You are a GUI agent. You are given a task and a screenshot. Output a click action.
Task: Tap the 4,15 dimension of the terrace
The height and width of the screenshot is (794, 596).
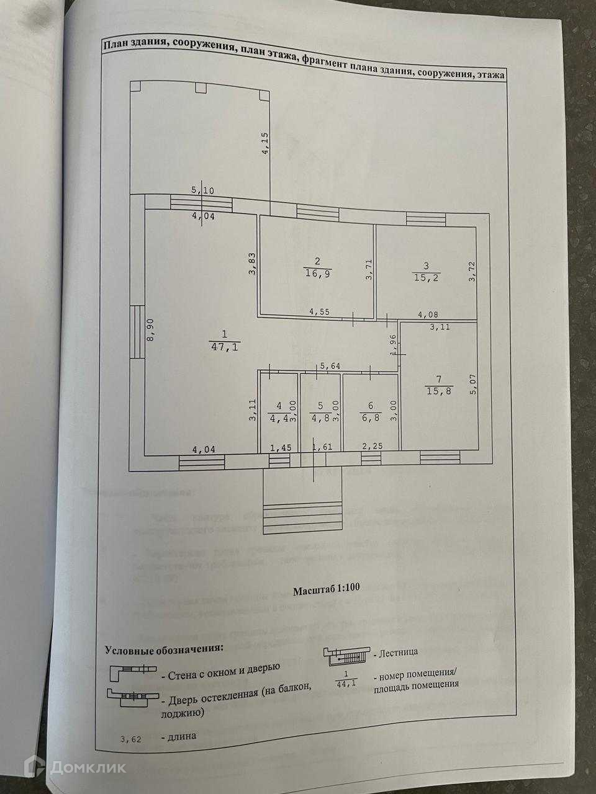pos(265,143)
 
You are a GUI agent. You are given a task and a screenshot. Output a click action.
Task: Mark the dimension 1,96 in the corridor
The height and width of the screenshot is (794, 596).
pos(393,344)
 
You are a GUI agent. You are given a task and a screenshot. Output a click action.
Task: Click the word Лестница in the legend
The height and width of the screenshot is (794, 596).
pos(397,652)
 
